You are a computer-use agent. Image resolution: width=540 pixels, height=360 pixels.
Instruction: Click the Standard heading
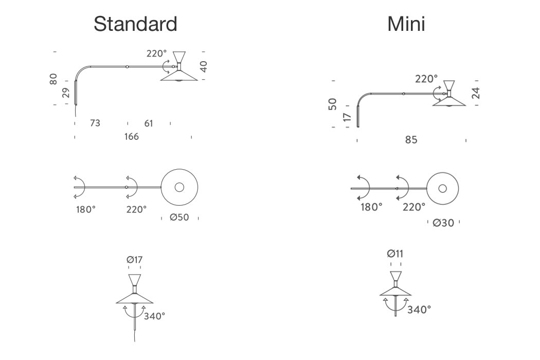pyautogui.click(x=135, y=24)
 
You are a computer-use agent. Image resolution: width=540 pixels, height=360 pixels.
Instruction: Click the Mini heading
pyautogui.click(x=406, y=24)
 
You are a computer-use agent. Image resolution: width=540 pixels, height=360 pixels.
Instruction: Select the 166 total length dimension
pyautogui.click(x=131, y=137)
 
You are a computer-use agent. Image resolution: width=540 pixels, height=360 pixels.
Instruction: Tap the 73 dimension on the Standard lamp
pyautogui.click(x=95, y=123)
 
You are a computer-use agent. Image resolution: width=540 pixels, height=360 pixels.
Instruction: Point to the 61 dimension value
pyautogui.click(x=148, y=123)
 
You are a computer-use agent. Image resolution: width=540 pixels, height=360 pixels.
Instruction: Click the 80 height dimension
pyautogui.click(x=53, y=80)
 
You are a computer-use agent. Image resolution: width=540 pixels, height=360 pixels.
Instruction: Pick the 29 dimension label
pyautogui.click(x=66, y=93)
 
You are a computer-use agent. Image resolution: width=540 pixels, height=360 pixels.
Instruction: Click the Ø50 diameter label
pyautogui.click(x=179, y=218)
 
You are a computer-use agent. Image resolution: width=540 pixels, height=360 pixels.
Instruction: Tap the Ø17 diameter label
pyautogui.click(x=134, y=260)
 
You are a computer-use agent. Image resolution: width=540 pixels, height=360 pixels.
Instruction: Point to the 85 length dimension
pyautogui.click(x=411, y=140)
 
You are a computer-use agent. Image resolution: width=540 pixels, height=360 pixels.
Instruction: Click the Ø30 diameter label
pyautogui.click(x=444, y=223)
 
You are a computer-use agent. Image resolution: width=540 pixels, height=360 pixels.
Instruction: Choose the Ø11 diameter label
pyautogui.click(x=395, y=254)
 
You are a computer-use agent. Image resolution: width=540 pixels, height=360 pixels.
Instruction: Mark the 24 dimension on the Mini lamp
pyautogui.click(x=476, y=93)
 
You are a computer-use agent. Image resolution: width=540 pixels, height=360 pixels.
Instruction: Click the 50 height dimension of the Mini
pyautogui.click(x=333, y=104)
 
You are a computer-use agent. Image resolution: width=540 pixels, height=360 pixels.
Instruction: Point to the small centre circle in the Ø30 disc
pyautogui.click(x=443, y=188)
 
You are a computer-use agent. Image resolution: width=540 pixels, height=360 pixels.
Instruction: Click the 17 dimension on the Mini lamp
pyautogui.click(x=348, y=117)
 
